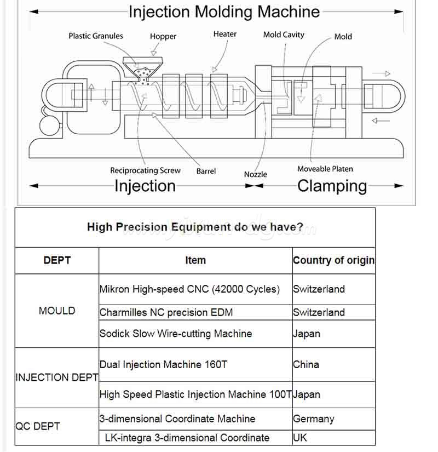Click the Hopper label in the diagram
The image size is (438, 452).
coord(163,37)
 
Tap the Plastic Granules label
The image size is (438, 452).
coord(96,36)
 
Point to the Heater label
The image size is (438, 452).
coord(225,34)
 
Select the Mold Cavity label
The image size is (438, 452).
coord(284,35)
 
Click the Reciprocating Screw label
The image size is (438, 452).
coord(145,170)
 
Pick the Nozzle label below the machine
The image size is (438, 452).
coord(256,174)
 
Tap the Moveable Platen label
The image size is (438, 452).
coord(325,169)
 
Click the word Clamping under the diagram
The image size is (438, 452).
coord(332,186)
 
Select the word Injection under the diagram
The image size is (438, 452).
coord(145,186)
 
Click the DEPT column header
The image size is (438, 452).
coord(57,260)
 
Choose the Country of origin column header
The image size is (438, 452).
coord(333,260)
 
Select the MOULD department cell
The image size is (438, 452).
coord(57,311)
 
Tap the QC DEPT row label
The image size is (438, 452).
coord(38,426)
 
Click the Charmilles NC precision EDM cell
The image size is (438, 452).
coord(166,312)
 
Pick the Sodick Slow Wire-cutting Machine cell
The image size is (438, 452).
coord(176,333)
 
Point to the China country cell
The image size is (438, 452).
coord(306,364)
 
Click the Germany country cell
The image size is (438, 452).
coord(313,419)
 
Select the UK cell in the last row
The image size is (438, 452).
coord(300,438)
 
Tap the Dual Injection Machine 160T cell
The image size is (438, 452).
coord(163,364)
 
